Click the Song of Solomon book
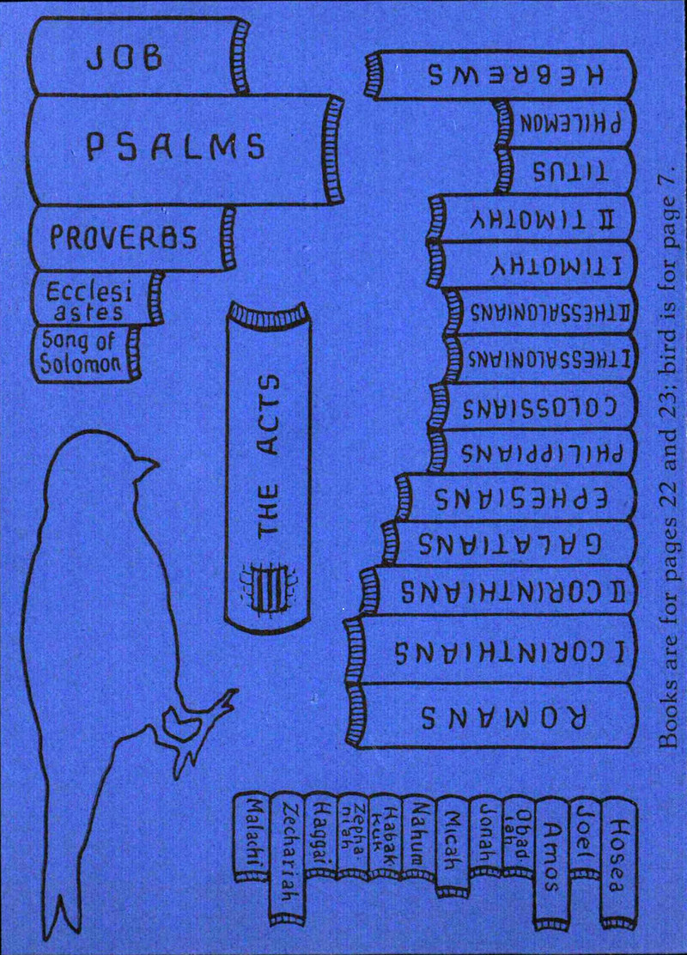click(82, 352)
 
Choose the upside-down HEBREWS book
click(502, 76)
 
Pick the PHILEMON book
click(567, 123)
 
